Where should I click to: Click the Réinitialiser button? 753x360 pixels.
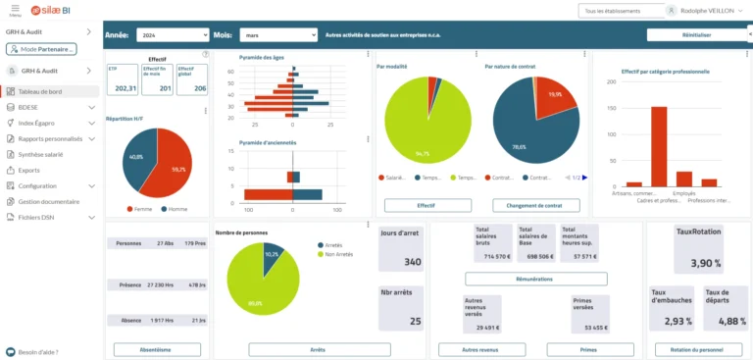click(x=696, y=34)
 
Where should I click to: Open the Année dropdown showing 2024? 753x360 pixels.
click(x=172, y=34)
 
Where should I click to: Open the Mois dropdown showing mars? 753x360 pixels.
click(x=279, y=34)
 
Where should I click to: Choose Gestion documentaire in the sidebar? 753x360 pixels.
click(x=48, y=201)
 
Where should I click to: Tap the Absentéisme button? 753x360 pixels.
click(x=157, y=348)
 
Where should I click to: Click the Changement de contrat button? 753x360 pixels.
click(x=535, y=206)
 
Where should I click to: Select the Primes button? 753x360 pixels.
click(x=589, y=348)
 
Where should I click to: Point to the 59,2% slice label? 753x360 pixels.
click(x=178, y=169)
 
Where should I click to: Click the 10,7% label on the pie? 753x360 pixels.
click(x=272, y=254)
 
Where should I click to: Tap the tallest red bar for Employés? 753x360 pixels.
click(x=659, y=146)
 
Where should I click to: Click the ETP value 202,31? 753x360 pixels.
click(x=125, y=88)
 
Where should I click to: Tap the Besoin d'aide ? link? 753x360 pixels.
click(x=39, y=350)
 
